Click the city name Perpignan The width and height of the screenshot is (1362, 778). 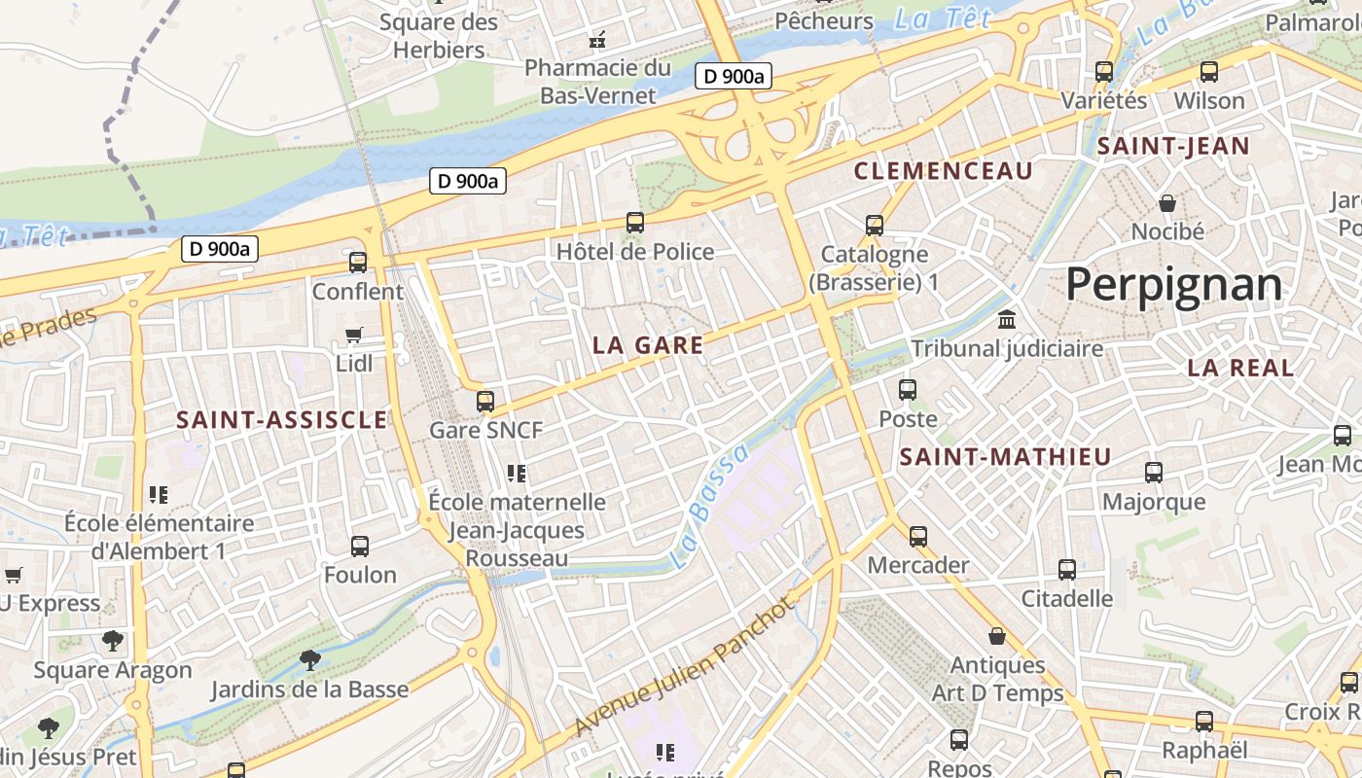tap(1174, 285)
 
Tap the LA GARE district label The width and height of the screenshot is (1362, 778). tap(647, 345)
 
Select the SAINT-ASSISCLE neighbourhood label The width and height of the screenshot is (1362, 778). tap(281, 420)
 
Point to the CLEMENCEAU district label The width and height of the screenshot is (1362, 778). tap(943, 172)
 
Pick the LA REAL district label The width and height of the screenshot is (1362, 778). tap(1240, 368)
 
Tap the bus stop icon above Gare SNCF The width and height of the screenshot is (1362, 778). tap(485, 401)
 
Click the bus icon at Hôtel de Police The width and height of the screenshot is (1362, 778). tap(635, 223)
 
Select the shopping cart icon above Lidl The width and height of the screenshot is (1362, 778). tap(354, 335)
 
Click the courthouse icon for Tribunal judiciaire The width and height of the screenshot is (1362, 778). tap(1007, 319)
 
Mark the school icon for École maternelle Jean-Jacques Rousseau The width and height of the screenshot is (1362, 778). tap(517, 474)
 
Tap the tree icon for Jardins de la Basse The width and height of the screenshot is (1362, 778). tap(309, 660)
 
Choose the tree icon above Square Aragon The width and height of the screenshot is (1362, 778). tap(114, 641)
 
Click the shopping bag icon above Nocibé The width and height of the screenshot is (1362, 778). tap(1167, 202)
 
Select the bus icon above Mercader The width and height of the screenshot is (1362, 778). tap(918, 536)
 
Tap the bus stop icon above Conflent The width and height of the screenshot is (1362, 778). tap(358, 262)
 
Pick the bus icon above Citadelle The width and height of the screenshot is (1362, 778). tap(1067, 569)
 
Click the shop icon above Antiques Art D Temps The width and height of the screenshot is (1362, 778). tap(997, 636)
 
